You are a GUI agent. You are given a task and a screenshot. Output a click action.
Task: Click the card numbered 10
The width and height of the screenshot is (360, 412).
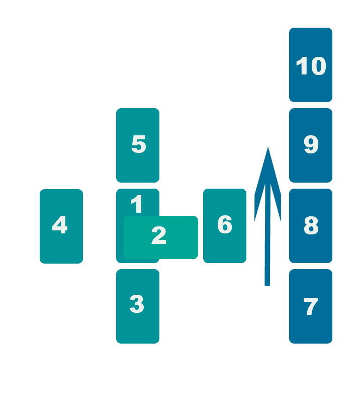pos(311,64)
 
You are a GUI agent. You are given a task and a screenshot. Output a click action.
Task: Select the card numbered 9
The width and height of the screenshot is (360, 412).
pos(311,145)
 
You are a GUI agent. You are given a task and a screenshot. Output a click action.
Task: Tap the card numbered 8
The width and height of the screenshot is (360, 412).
pos(311,226)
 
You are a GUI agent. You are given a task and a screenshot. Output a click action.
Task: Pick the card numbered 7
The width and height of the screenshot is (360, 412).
pos(311,306)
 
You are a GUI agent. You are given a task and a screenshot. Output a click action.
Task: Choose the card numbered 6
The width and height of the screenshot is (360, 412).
pos(225,226)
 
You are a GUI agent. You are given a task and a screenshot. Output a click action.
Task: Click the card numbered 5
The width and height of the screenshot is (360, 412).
pos(138,145)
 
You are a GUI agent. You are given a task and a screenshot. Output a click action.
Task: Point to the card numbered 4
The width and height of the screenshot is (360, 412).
pos(61,226)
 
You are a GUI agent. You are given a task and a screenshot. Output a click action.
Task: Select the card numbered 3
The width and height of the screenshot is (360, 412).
pos(138,306)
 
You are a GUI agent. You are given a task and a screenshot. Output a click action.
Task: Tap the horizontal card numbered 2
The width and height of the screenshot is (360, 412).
pos(161,237)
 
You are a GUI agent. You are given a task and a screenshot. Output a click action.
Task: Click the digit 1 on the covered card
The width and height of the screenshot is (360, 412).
pos(137,204)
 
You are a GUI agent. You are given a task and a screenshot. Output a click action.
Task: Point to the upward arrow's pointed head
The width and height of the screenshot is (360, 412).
pos(268,147)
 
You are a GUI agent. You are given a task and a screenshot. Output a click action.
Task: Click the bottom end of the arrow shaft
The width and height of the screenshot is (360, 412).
pos(267,285)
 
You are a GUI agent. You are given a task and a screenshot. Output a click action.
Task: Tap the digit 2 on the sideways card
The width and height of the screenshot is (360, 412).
pos(159,235)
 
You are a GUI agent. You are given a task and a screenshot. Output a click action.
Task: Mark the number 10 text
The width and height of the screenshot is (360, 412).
pos(311,66)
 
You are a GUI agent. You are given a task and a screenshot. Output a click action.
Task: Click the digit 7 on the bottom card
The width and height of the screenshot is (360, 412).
pos(311,306)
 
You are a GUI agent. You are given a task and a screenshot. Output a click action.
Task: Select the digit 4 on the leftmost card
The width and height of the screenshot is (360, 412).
pos(60,224)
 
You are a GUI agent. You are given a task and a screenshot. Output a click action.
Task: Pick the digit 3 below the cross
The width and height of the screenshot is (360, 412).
pos(137,304)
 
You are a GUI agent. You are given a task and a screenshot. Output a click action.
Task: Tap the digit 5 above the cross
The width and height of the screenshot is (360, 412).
pos(139,144)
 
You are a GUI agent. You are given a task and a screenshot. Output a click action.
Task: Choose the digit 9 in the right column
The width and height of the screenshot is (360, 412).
pos(311,144)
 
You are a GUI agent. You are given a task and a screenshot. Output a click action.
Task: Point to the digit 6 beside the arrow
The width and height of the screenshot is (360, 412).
pos(225,224)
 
